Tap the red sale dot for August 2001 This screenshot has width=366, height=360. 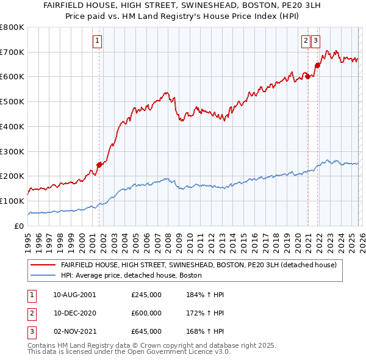[x=99, y=165]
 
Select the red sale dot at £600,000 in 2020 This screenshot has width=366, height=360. [x=308, y=76]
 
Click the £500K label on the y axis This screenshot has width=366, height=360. [x=12, y=102]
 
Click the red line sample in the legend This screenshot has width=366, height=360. [x=43, y=265]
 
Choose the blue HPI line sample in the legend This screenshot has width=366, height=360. [x=43, y=276]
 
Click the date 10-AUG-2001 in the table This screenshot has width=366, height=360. [x=74, y=294]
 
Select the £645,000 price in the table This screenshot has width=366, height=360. [x=146, y=331]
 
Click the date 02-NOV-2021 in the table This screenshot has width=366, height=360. [x=74, y=331]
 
